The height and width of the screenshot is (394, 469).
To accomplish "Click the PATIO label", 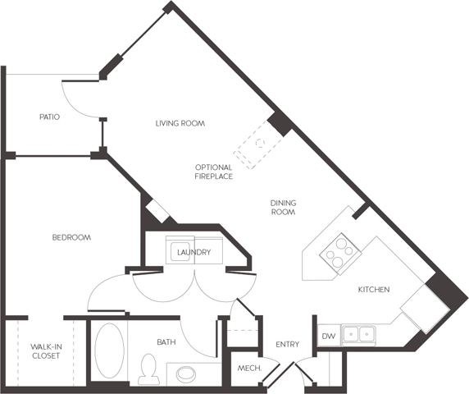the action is pos(50,117).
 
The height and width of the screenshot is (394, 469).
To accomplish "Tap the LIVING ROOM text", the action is pos(180,123).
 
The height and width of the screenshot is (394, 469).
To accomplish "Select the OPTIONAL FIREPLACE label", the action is pos(213,172).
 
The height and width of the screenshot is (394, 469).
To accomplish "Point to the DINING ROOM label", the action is pos(283,208).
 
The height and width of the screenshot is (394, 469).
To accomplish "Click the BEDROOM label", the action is pos(71,238).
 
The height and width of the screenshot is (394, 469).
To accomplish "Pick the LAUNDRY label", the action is pos(194,252).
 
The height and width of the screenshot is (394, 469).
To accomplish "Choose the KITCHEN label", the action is pos(374,290).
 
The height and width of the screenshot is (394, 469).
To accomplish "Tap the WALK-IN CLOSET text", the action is pos(46,351).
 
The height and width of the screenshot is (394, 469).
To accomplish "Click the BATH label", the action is pos(166,342).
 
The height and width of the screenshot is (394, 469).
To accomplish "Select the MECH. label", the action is pos(249,368).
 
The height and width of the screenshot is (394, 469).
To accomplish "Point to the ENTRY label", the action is pos(288,344).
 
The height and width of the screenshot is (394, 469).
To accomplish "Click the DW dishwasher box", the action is pos(329,336).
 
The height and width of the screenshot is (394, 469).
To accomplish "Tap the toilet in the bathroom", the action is pos(148,369).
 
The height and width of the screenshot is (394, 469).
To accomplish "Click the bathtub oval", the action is pos(110,350).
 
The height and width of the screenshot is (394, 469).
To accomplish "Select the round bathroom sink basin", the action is pos(186,374).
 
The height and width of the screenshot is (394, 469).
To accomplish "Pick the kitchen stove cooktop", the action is pos(340,254).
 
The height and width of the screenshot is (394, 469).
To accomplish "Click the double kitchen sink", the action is pos(359,335).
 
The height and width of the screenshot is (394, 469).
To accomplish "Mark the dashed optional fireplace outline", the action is pos(258,144).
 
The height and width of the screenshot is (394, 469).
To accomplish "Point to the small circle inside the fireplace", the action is pos(260,143).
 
